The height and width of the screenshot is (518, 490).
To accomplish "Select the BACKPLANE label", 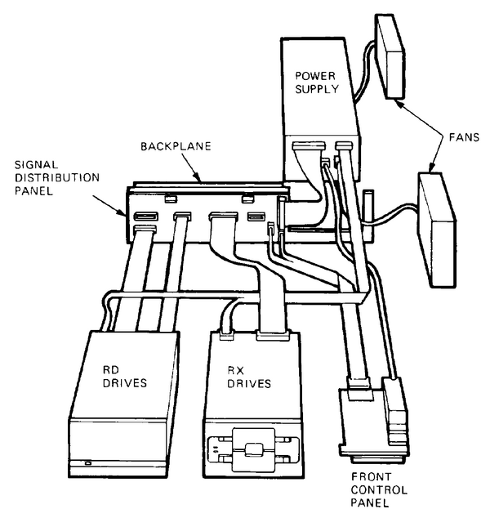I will pyautogui.click(x=175, y=147).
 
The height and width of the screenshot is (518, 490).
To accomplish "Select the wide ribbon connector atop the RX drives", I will pyautogui.click(x=274, y=334).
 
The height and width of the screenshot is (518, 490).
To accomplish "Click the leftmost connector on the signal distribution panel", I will pyautogui.click(x=143, y=217).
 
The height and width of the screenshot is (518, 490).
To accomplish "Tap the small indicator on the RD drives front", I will pyautogui.click(x=87, y=463).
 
